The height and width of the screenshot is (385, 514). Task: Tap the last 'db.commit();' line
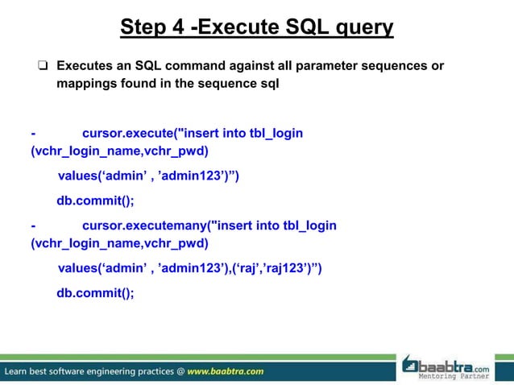click(x=95, y=293)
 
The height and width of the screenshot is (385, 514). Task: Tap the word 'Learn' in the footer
click(x=21, y=371)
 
